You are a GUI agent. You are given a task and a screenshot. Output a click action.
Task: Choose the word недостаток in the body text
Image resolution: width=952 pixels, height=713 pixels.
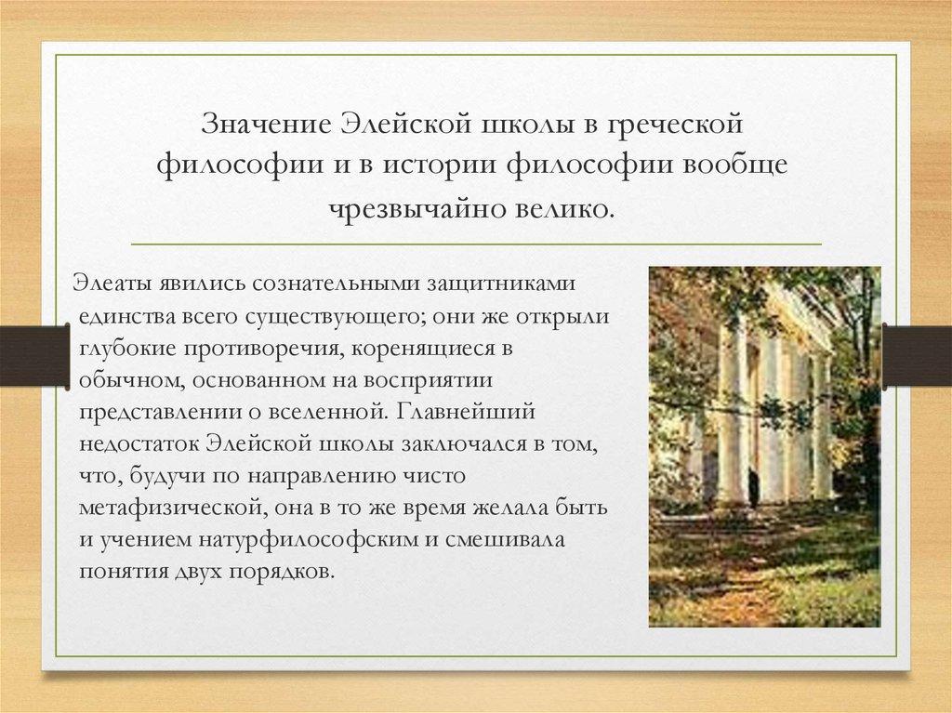pos(139,444)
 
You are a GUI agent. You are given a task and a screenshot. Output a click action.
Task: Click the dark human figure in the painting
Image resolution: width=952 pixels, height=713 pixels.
pos(753,488)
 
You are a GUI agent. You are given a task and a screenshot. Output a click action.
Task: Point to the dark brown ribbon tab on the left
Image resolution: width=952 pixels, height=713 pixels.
pos(34,357)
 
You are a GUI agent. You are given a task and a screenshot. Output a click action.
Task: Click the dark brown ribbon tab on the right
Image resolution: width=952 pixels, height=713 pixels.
pos(917,357)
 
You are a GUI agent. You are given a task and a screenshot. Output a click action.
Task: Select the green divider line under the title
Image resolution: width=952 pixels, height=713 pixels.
pos(477,244)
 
